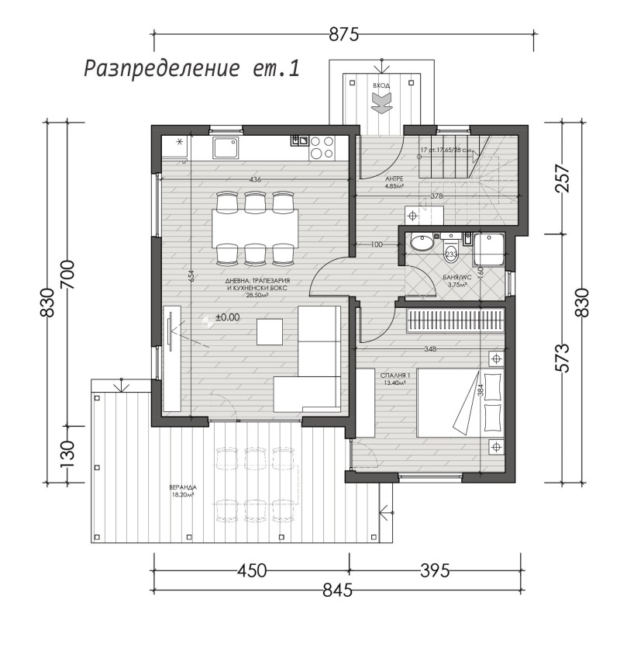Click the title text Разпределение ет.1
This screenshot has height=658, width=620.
point(191,68)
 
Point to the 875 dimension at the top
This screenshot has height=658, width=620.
point(344,34)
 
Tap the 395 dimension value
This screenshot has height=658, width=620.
point(435,571)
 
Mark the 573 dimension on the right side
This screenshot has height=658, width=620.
point(564,356)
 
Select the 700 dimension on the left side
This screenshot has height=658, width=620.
point(67,272)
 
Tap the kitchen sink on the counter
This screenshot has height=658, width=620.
point(226,147)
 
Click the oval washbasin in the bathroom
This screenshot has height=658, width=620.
point(422,244)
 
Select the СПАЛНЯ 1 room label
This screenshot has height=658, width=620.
point(395,379)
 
